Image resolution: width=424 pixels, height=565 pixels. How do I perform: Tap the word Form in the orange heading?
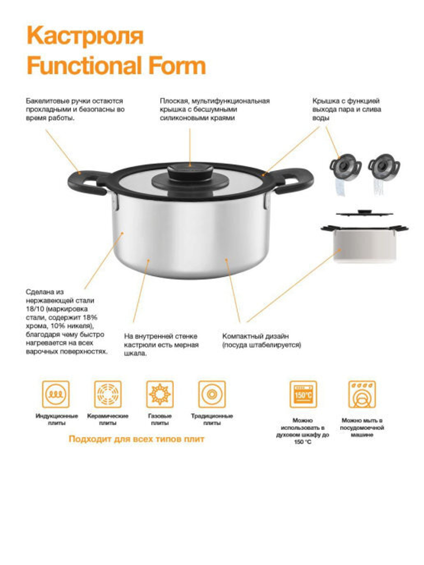pos(177,65)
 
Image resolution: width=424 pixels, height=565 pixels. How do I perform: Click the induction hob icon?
pos(56,394)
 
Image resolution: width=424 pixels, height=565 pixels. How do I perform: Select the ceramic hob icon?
pos(108,394)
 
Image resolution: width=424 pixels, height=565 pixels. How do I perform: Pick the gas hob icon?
pos(160,394)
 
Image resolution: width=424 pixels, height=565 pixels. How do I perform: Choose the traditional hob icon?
pos(212,394)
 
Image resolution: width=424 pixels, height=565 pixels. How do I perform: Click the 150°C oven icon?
pos(303,394)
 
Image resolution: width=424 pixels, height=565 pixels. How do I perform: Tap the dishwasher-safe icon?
pos(362,394)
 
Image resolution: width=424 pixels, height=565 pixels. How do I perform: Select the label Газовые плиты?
pos(159,420)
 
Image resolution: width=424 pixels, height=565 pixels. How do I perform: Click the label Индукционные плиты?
pos(57,420)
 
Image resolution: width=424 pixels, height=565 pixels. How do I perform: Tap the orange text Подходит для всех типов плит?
pos(137,439)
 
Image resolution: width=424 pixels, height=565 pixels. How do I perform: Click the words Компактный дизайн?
pos(255,336)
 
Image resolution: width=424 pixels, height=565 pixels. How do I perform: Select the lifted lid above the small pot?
pos(364,213)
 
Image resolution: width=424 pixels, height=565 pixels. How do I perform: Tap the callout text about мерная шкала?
pos(161,345)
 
